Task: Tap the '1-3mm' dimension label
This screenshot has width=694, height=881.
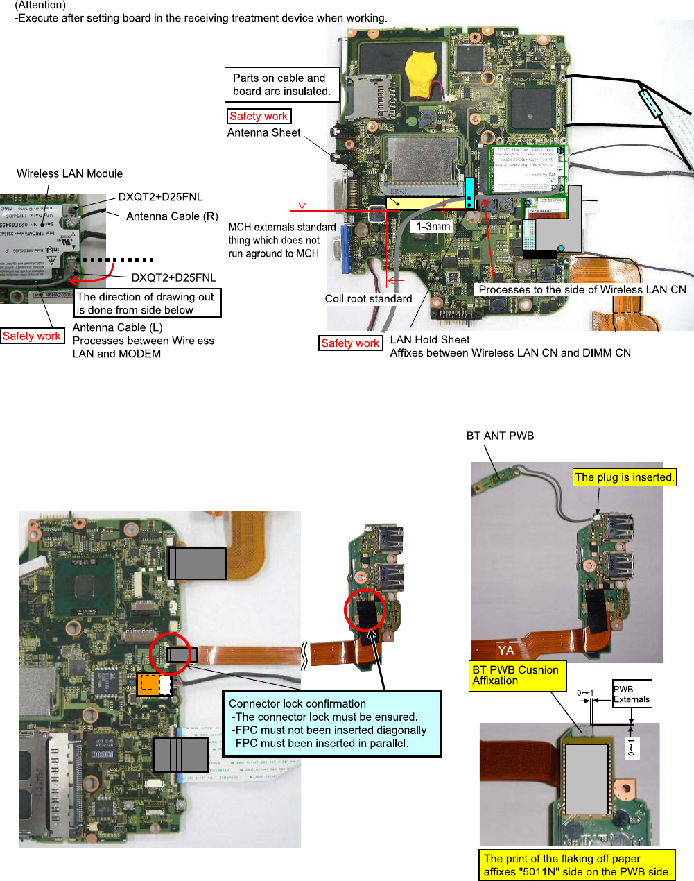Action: pos(433,226)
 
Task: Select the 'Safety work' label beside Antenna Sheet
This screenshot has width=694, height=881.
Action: pos(259,117)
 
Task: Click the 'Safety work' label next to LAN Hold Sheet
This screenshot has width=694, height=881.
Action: pos(350,343)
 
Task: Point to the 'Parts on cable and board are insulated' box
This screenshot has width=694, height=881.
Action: pos(281,85)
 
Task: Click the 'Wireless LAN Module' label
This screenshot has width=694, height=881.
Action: pos(69,173)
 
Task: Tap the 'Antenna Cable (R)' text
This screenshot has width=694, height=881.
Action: pos(172,216)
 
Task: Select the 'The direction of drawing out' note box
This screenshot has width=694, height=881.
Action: pos(148,303)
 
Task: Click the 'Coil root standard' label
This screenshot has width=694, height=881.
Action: pos(368,298)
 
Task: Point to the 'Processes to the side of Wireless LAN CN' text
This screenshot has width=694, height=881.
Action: pos(582,289)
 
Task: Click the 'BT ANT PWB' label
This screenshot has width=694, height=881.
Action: pos(500,436)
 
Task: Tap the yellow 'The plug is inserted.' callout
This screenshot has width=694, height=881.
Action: pos(624,477)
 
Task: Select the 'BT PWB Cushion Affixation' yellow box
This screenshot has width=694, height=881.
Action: pos(518,675)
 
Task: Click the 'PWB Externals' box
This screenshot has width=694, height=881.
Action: pos(632,694)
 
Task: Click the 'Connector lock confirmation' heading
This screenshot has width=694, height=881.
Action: pos(297,703)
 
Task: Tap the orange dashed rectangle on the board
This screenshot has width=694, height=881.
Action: pos(148,684)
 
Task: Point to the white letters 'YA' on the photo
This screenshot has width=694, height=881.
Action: pos(505,650)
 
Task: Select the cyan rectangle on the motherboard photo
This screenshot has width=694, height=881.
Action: pos(469,192)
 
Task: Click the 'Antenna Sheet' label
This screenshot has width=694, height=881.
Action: pos(264,132)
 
